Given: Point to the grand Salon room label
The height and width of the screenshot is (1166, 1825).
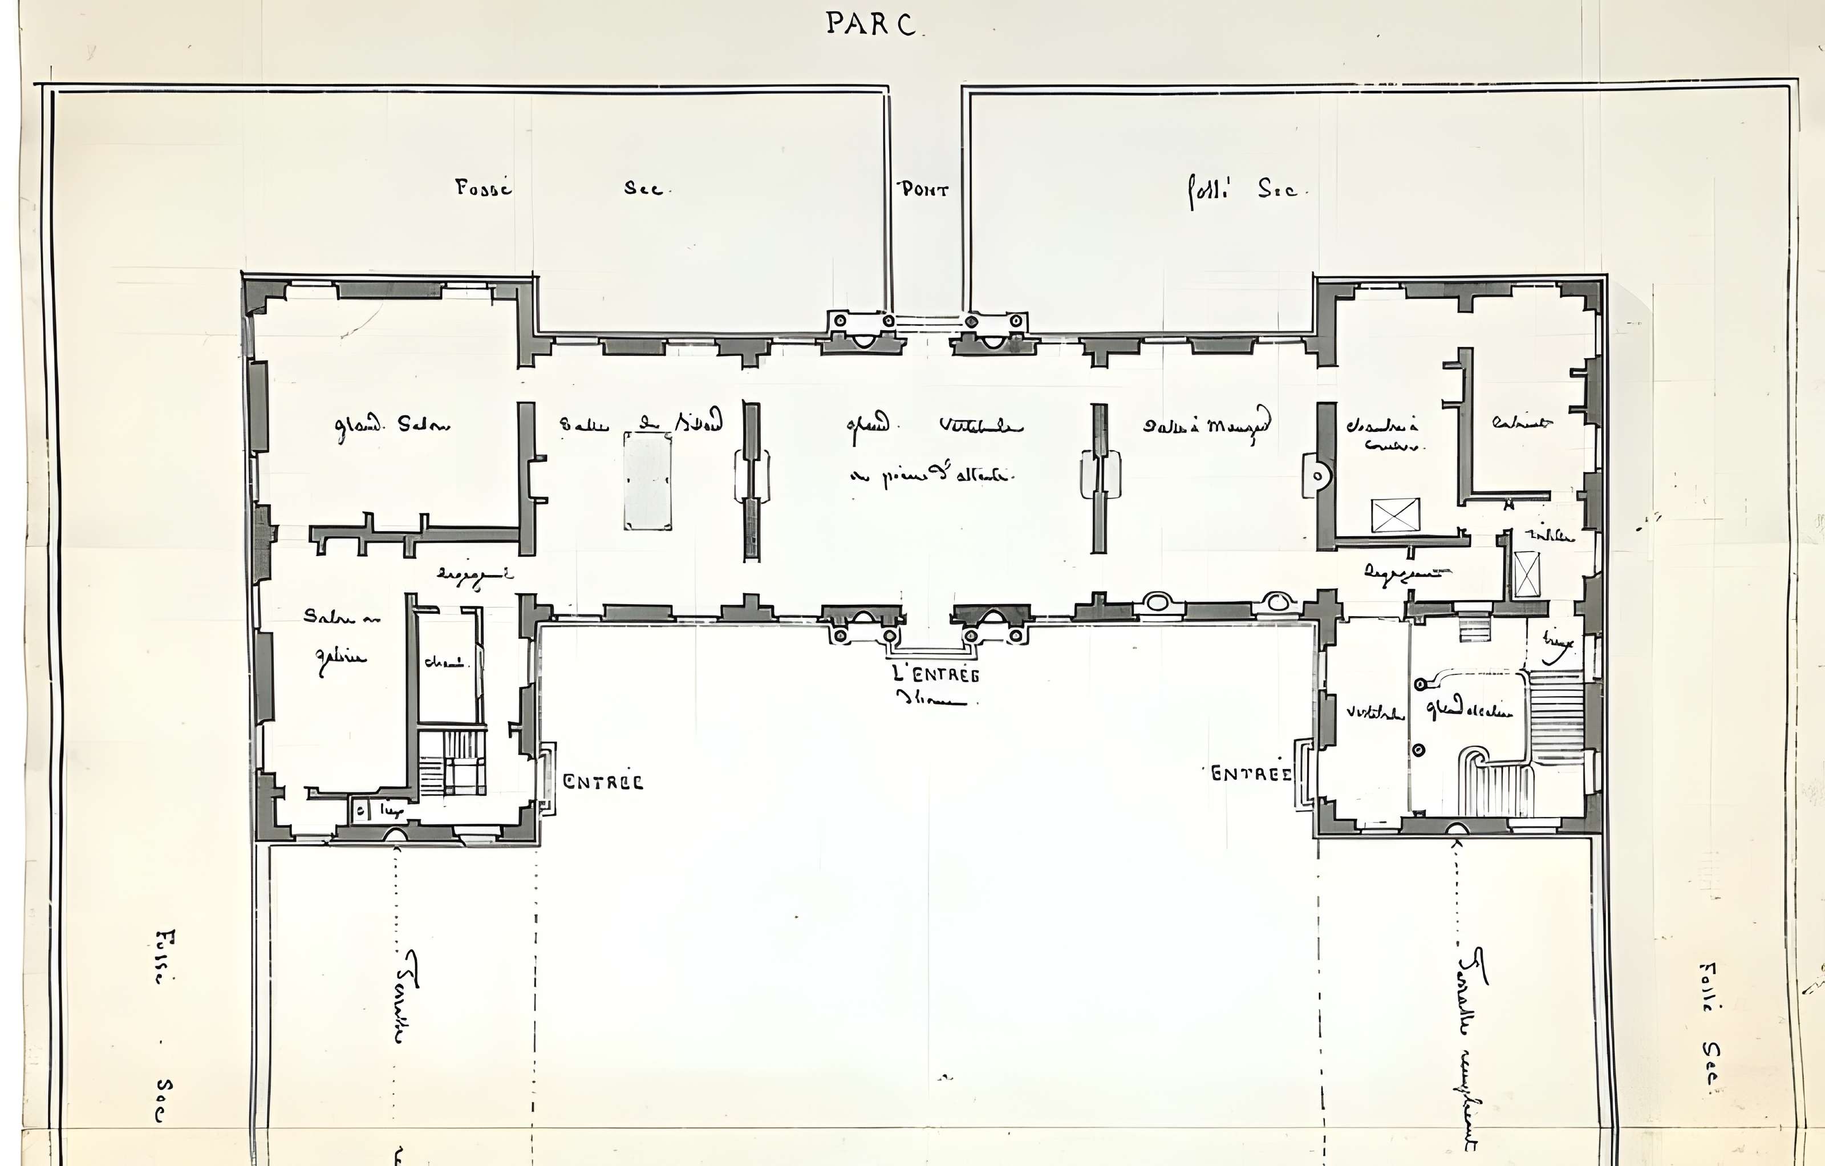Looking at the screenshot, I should (392, 426).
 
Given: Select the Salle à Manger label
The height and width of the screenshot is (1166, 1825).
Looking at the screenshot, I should (1207, 424).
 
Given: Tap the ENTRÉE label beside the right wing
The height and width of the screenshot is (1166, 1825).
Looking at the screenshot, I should (1251, 774).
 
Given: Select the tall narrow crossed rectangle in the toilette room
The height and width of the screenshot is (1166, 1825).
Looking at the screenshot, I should (1526, 574).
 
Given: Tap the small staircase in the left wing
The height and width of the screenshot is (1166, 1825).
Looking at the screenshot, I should (452, 763).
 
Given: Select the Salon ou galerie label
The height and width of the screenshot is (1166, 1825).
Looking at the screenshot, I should (341, 637).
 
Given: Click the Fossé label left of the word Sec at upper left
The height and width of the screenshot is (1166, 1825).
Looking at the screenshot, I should (484, 188).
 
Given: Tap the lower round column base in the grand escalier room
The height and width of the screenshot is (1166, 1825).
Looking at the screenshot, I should (1419, 750).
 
